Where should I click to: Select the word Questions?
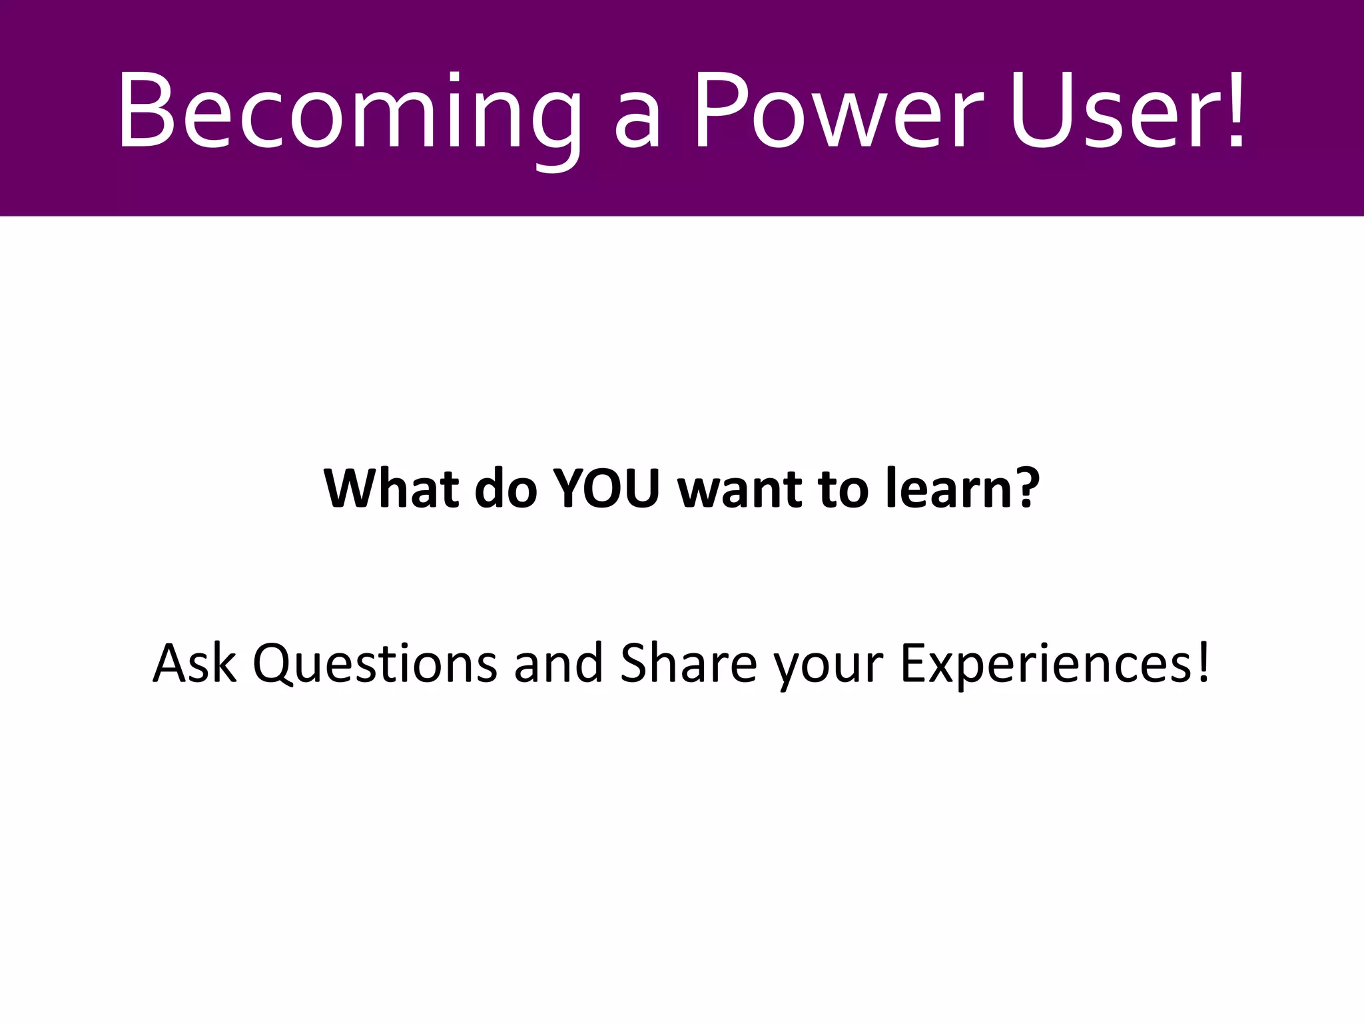tap(375, 665)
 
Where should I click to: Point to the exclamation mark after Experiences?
tap(1203, 663)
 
